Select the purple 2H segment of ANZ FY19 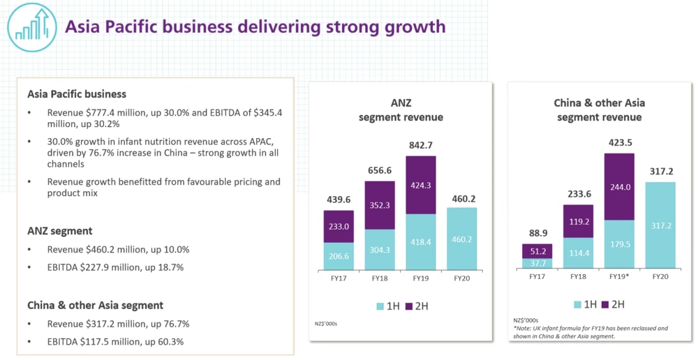point(420,185)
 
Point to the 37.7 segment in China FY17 point(537,263)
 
